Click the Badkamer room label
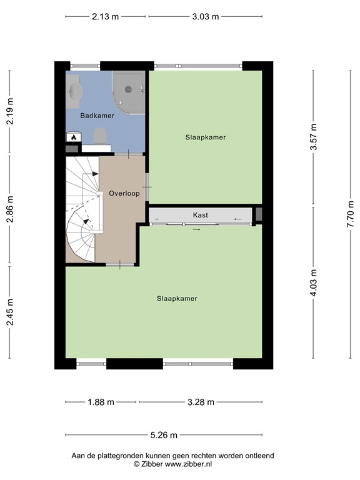[x=97, y=116]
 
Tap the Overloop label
[x=124, y=194]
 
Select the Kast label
[x=200, y=215]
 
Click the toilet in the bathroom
[x=100, y=136]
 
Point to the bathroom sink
[x=75, y=90]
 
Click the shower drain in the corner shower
[x=128, y=89]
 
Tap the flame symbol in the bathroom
[x=74, y=137]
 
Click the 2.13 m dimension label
[x=105, y=16]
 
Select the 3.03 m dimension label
[x=206, y=16]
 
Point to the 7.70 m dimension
[x=351, y=214]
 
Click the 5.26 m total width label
[x=164, y=435]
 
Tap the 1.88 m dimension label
[x=101, y=402]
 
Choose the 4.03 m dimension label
[x=314, y=283]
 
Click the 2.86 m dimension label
[x=10, y=209]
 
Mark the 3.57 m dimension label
[x=314, y=137]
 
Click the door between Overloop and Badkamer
[x=128, y=154]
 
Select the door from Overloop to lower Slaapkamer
[x=120, y=264]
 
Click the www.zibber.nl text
[x=188, y=464]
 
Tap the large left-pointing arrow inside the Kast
[x=238, y=219]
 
